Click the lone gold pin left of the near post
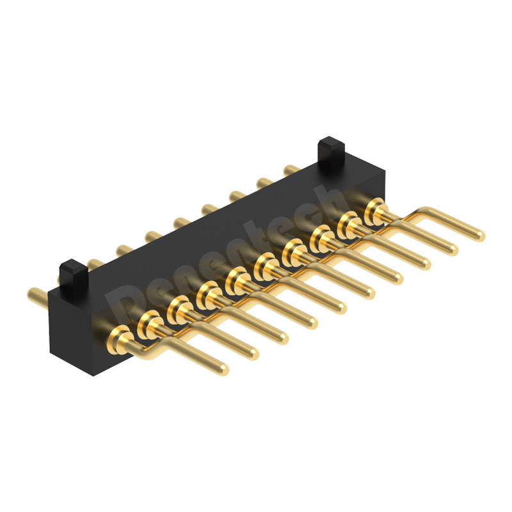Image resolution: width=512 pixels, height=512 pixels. tap(35, 295)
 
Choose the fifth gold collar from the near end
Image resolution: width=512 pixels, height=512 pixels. tap(236, 278)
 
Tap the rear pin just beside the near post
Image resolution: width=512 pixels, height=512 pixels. tap(93, 262)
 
